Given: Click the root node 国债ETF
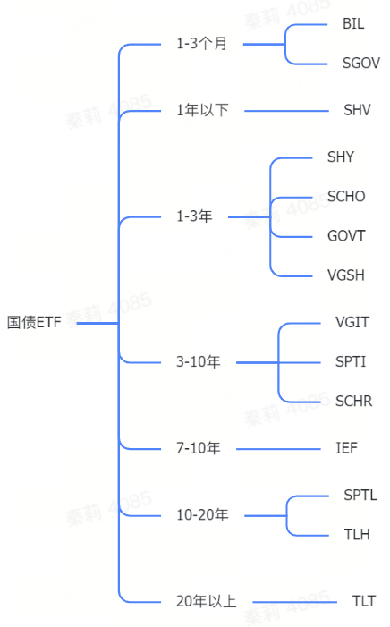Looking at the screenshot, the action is point(34,322).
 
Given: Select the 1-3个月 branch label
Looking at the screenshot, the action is point(202,44).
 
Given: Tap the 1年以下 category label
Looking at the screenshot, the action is point(202,110).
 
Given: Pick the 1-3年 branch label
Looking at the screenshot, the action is point(194,216).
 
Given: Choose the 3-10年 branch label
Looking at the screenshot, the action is point(199,362).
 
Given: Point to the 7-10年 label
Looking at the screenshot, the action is point(199,448).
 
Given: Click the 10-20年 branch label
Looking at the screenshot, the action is point(202,514).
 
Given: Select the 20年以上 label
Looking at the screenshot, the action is point(207,601).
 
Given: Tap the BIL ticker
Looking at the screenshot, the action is point(353,23).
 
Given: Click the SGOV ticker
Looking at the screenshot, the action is point(361,63).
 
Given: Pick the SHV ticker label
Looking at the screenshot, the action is point(357,110).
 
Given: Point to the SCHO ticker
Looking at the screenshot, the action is point(346,197).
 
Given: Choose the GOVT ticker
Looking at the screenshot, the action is point(346,236).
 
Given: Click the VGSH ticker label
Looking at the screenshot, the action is point(346,275).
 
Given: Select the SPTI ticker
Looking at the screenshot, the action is point(351,362).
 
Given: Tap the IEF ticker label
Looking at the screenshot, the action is point(346,448).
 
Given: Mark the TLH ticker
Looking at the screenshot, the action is point(357,534).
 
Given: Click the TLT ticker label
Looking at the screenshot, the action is point(364,601).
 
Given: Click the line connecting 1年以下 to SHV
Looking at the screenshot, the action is point(286,111).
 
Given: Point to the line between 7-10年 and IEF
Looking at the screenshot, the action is point(278,449).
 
